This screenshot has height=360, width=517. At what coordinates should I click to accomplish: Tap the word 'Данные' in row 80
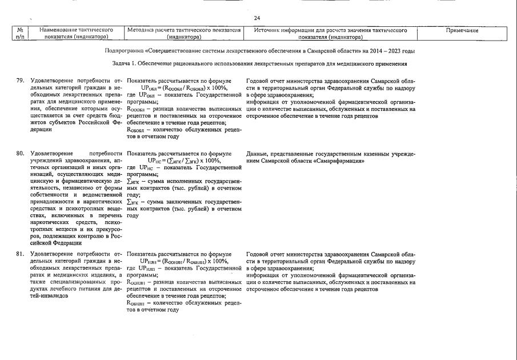coord(258,154)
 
